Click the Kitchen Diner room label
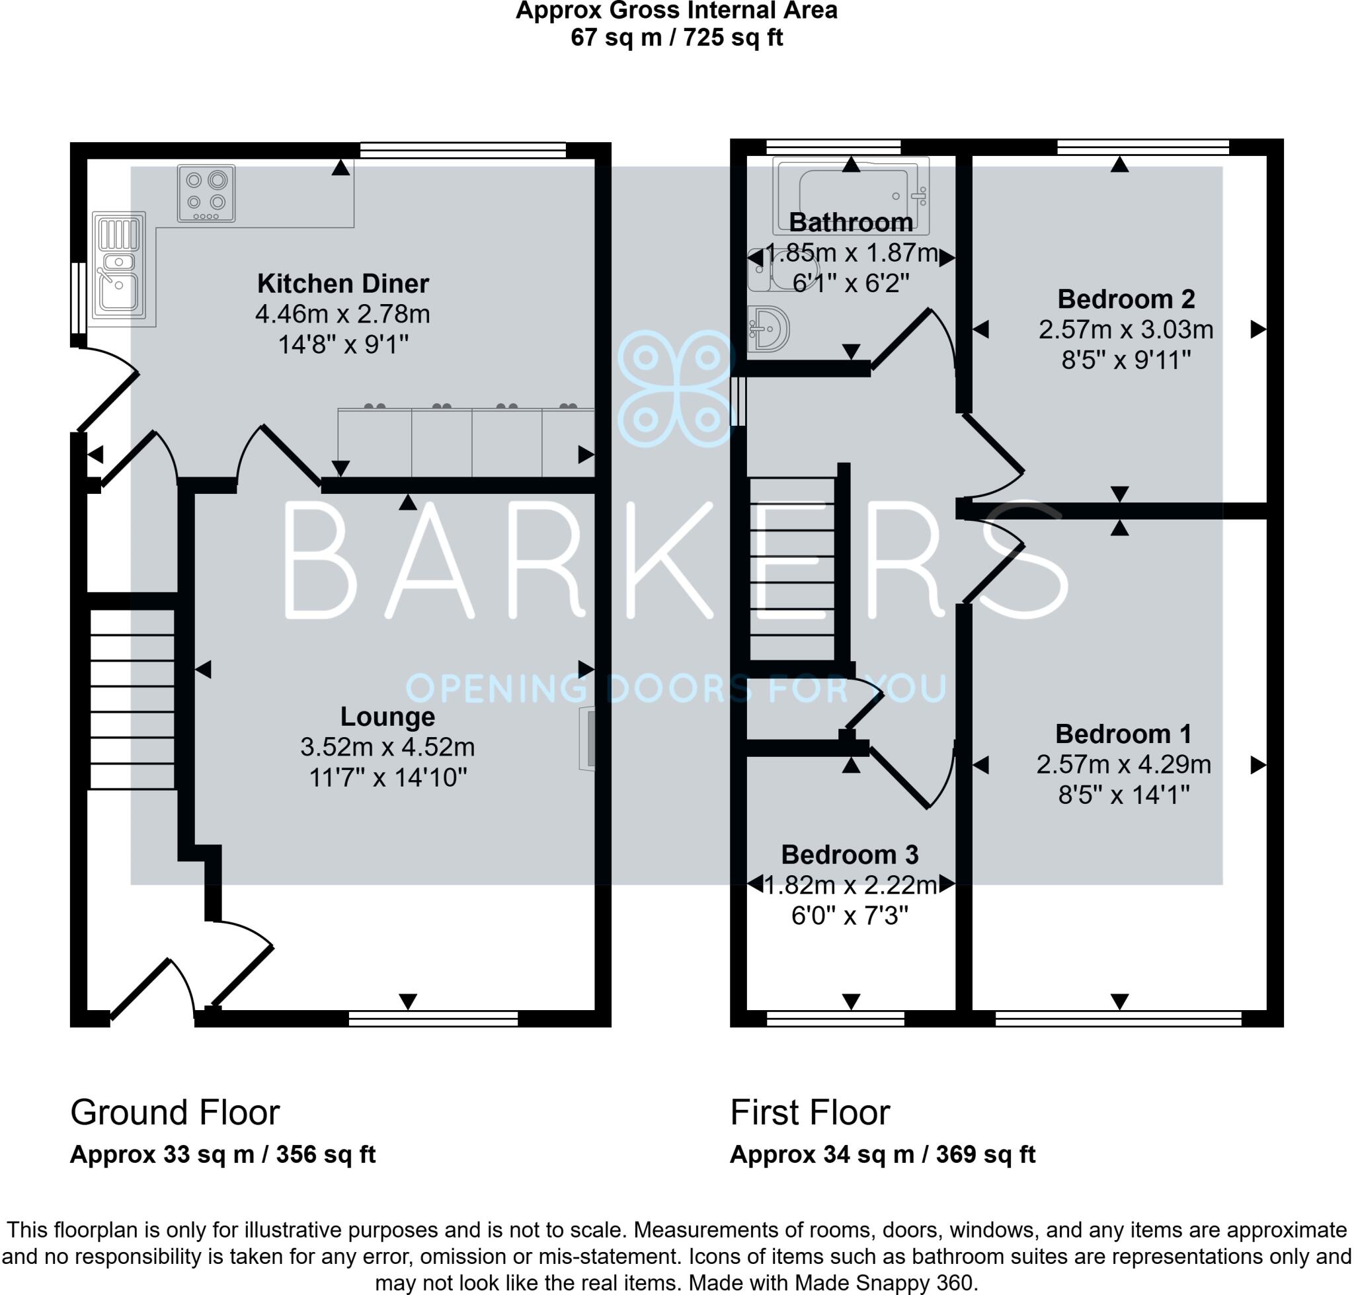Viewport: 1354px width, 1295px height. pos(342,284)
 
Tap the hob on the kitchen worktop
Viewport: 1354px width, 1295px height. pos(206,192)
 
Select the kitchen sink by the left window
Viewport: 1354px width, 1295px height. pos(119,266)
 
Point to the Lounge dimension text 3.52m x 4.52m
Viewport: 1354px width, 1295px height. pos(387,747)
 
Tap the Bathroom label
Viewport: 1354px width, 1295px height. pos(851,222)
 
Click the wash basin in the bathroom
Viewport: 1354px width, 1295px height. pos(768,329)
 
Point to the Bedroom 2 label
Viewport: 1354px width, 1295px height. pos(1125,299)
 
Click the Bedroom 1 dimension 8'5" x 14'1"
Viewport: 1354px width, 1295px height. pos(1123,795)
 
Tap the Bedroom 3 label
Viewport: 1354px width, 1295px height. pos(850,855)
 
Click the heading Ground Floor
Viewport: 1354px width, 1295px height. pos(175,1113)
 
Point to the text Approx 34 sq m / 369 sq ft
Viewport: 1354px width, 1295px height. pos(882,1155)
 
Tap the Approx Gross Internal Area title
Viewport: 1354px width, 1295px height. pos(676,11)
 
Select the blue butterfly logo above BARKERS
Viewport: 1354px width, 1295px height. pos(675,389)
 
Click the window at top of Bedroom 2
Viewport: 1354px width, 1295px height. pos(1142,146)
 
